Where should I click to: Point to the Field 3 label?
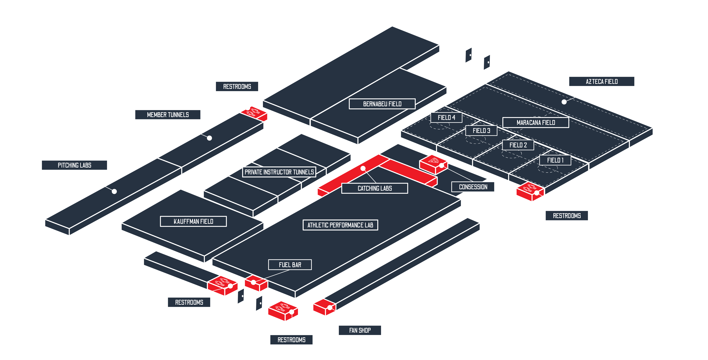[481, 131]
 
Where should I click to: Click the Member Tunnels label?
[168, 115]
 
